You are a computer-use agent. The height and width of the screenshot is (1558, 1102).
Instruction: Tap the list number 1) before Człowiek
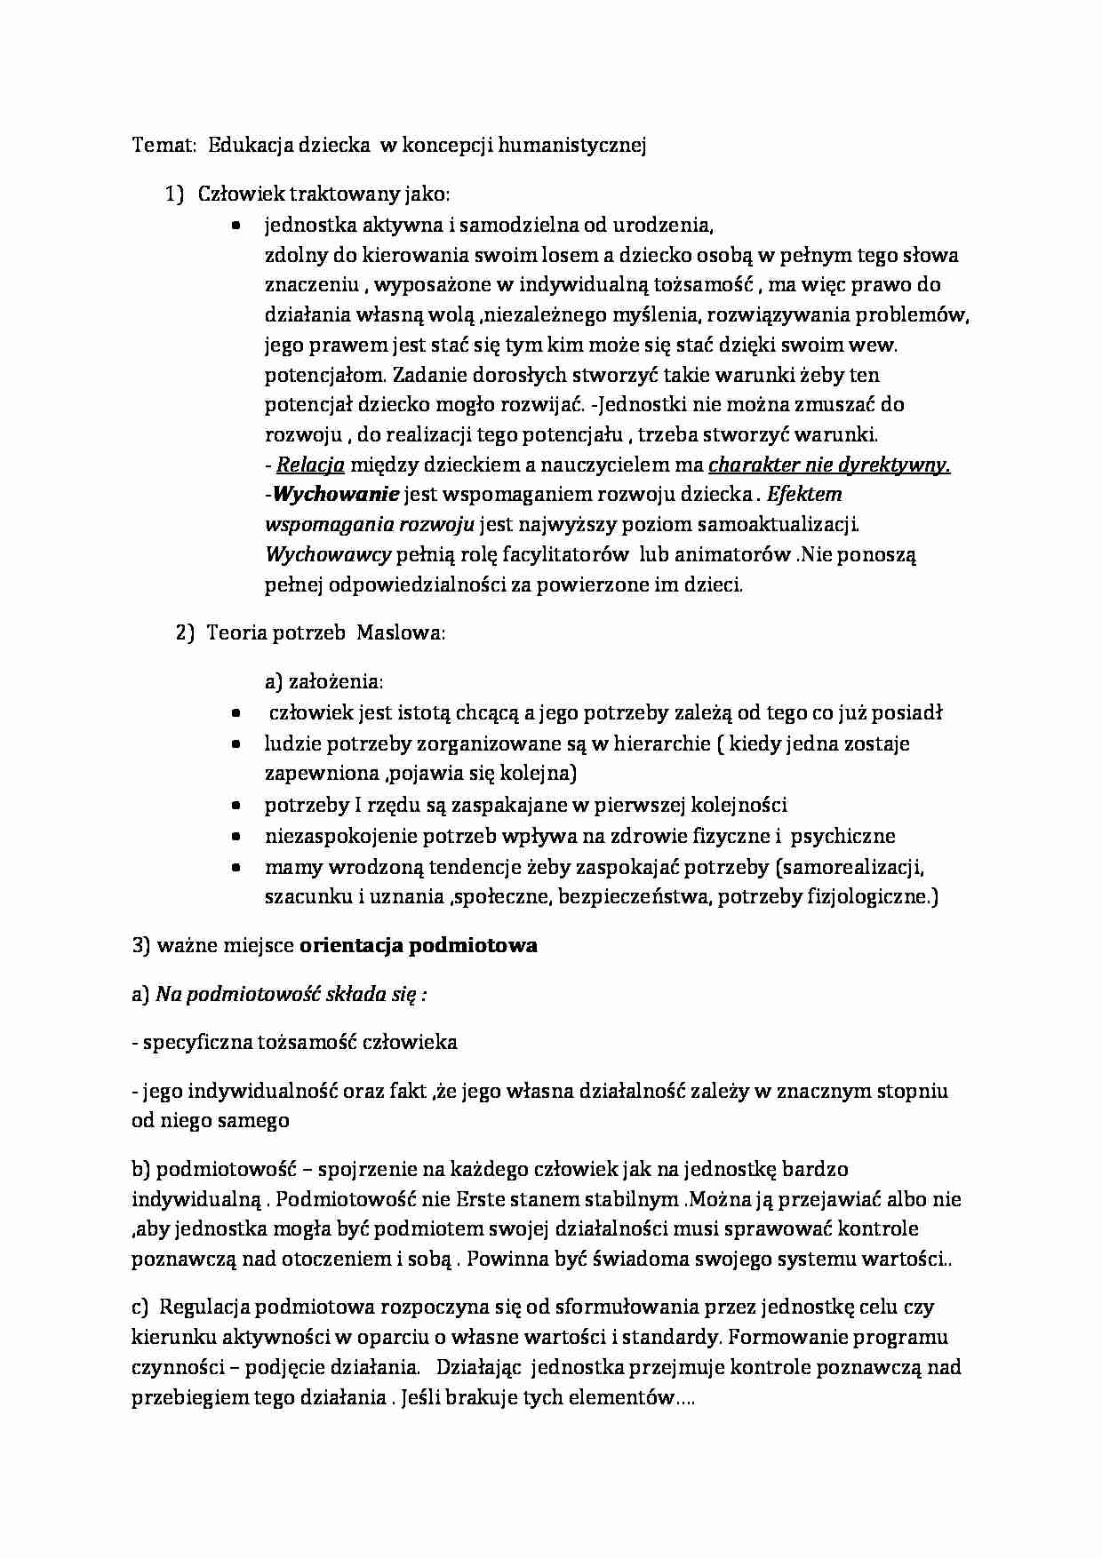pyautogui.click(x=174, y=194)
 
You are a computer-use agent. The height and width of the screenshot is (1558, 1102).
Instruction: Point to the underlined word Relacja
pyautogui.click(x=310, y=465)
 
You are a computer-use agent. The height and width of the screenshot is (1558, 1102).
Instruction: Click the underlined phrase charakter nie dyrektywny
pyautogui.click(x=828, y=465)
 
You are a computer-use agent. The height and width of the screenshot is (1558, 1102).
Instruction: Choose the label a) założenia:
pyautogui.click(x=323, y=682)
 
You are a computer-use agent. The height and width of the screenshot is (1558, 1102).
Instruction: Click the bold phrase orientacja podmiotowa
pyautogui.click(x=419, y=946)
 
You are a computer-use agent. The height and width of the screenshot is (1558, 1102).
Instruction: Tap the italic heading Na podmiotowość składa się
pyautogui.click(x=291, y=995)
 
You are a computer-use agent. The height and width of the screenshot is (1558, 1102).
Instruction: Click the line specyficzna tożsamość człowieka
pyautogui.click(x=294, y=1043)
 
